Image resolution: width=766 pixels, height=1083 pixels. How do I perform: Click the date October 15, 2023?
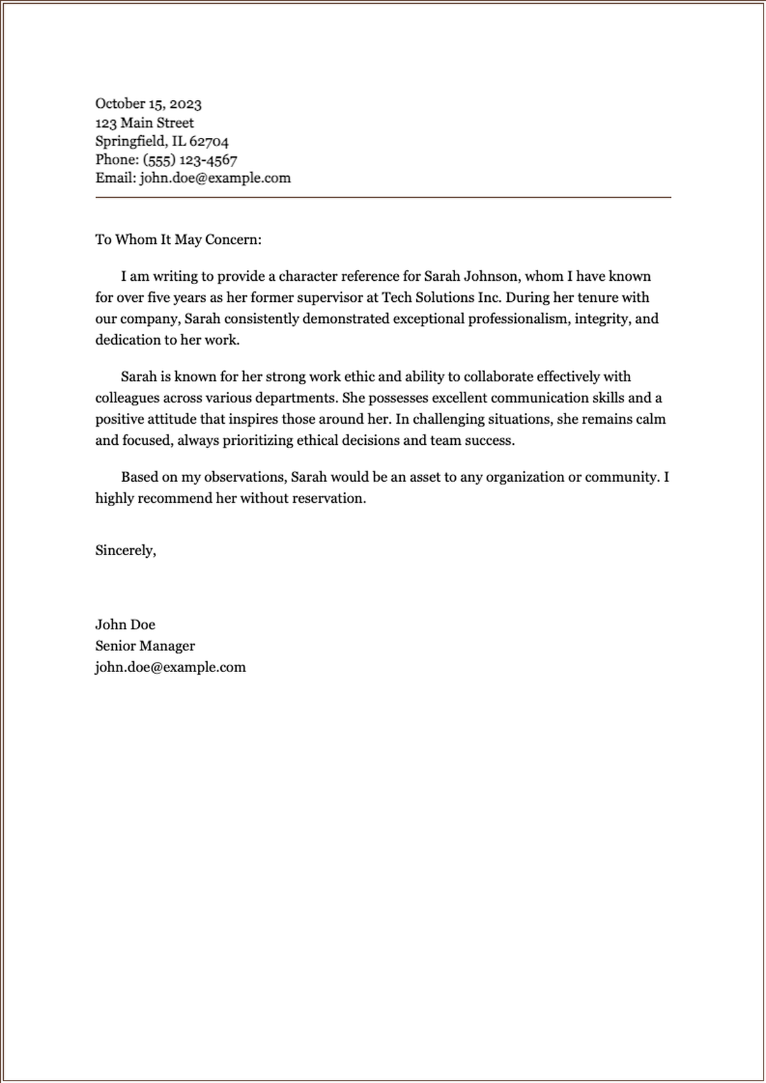(x=148, y=103)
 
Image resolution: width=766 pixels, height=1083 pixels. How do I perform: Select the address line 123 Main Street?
(x=144, y=123)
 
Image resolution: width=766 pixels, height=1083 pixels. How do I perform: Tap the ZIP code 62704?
(x=209, y=141)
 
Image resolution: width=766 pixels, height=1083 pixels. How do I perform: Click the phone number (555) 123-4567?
(x=190, y=160)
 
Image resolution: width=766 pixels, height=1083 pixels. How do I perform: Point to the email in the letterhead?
(x=215, y=178)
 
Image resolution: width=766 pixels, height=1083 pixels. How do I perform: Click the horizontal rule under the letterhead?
(x=383, y=198)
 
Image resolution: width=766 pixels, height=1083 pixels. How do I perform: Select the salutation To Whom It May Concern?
(x=178, y=239)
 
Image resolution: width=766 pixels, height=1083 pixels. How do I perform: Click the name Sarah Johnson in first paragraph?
(x=471, y=276)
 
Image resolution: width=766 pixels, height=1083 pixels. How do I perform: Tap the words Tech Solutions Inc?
(x=442, y=297)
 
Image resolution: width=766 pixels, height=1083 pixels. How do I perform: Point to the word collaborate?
(x=502, y=377)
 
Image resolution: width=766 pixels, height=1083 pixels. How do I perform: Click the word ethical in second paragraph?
(x=317, y=440)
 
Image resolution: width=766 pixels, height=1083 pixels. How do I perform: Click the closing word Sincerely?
(x=125, y=550)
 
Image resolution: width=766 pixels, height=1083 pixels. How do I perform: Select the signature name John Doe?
(x=125, y=625)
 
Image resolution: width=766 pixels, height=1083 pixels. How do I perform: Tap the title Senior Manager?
(x=145, y=646)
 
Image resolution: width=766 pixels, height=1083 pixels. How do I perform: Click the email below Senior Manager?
(x=170, y=667)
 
